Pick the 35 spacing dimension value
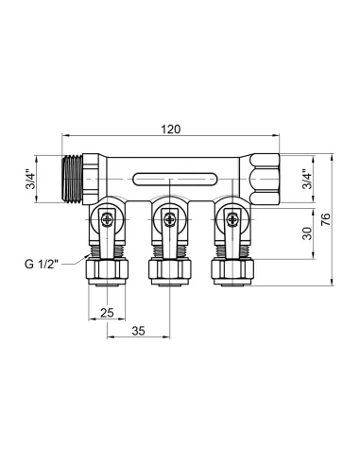point(139,331)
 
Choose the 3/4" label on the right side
point(303,180)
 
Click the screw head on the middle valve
point(168,219)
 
